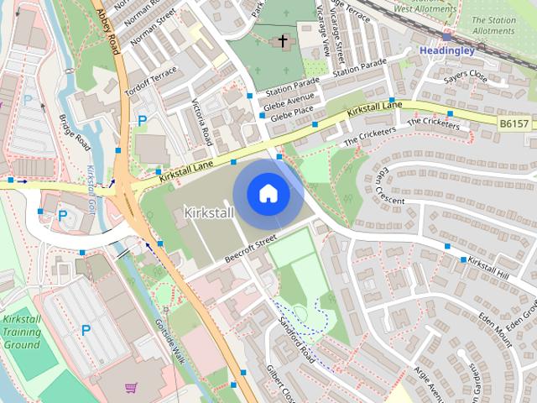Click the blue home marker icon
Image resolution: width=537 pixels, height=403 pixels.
coord(268,194)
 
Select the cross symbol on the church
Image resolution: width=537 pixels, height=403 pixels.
coord(283,39)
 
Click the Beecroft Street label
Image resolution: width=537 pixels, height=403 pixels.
coord(250,249)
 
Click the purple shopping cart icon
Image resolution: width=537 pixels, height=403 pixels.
coord(131,388)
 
